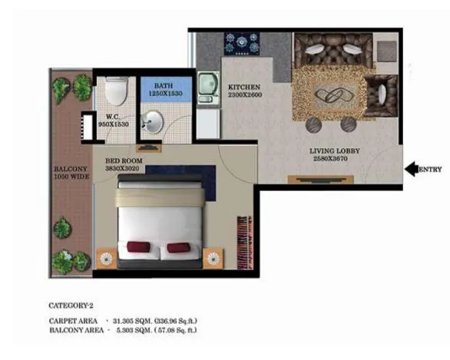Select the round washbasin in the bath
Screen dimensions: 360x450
(x=154, y=121)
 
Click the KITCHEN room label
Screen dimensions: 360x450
(x=243, y=88)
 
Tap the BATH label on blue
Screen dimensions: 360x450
(x=164, y=87)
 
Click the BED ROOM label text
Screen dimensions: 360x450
(x=122, y=162)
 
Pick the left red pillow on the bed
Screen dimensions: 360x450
(x=139, y=247)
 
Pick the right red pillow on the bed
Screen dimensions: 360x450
(x=177, y=247)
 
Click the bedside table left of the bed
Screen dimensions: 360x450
(x=108, y=257)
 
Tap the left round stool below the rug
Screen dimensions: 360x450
(x=316, y=125)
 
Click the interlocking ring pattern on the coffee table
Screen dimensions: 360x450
(x=330, y=95)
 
